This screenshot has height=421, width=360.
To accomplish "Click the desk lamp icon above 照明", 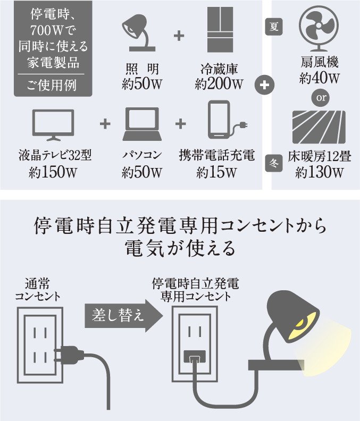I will [x=139, y=33].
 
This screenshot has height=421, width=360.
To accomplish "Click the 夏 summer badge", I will [x=274, y=27].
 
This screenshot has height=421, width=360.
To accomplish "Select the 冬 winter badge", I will [x=274, y=164].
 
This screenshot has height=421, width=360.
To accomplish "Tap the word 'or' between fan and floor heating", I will [x=319, y=98].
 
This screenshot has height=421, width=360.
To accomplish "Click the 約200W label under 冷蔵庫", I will [x=219, y=84].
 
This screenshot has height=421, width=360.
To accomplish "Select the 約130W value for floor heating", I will [x=319, y=172].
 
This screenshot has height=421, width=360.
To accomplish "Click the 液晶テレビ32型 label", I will [x=54, y=156].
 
